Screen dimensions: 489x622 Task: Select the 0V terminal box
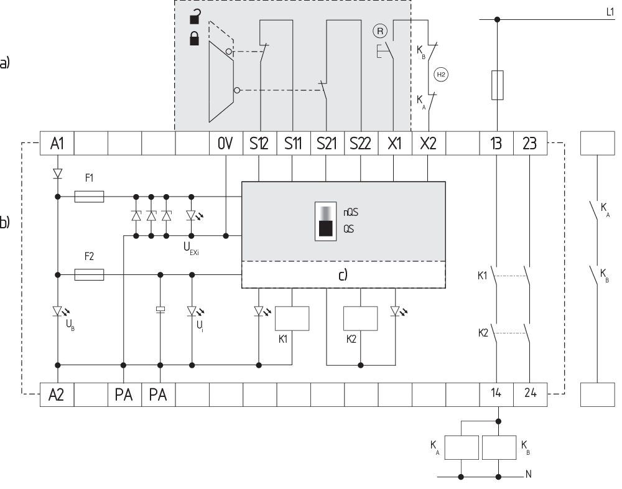pos(225,144)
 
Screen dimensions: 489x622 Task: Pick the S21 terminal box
pos(327,144)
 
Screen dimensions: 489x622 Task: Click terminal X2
pos(428,144)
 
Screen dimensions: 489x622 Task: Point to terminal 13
pos(496,144)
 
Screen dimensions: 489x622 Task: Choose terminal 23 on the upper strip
pos(529,144)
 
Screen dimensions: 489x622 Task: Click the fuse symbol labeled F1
pos(89,197)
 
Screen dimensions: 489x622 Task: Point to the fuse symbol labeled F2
pos(89,274)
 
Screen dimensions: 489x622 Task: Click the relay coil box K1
pos(292,319)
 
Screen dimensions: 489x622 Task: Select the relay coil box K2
pos(361,319)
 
